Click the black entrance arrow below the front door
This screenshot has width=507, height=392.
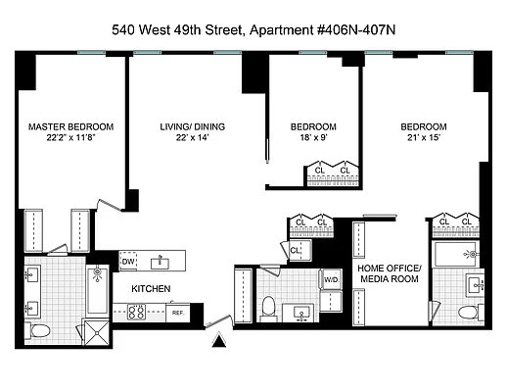pyautogui.click(x=219, y=341)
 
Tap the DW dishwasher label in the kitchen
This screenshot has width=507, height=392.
pyautogui.click(x=128, y=262)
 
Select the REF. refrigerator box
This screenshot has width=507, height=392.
pyautogui.click(x=178, y=313)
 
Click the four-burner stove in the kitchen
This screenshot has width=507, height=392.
pyautogui.click(x=136, y=312)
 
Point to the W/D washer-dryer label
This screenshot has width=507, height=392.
pyautogui.click(x=332, y=280)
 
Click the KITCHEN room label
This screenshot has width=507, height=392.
pyautogui.click(x=151, y=289)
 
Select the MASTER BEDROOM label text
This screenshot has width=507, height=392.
pyautogui.click(x=70, y=126)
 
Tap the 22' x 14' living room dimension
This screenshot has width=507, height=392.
pyautogui.click(x=192, y=137)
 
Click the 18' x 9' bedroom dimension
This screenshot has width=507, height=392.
pyautogui.click(x=313, y=137)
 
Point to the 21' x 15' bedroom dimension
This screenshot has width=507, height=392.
pyautogui.click(x=424, y=137)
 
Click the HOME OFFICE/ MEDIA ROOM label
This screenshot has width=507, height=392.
pyautogui.click(x=390, y=273)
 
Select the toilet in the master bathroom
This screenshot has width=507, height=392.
pyautogui.click(x=37, y=331)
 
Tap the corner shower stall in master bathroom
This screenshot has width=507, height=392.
pyautogui.click(x=96, y=332)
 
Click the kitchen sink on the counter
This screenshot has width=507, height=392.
pyautogui.click(x=160, y=263)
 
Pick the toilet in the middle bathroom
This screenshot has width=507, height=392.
pyautogui.click(x=269, y=309)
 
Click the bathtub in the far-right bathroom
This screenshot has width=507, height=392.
pyautogui.click(x=455, y=254)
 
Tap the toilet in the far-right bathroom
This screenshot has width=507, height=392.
pyautogui.click(x=471, y=312)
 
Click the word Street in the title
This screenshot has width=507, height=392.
pyautogui.click(x=224, y=30)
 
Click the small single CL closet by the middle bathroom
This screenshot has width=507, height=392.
pyautogui.click(x=296, y=251)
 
